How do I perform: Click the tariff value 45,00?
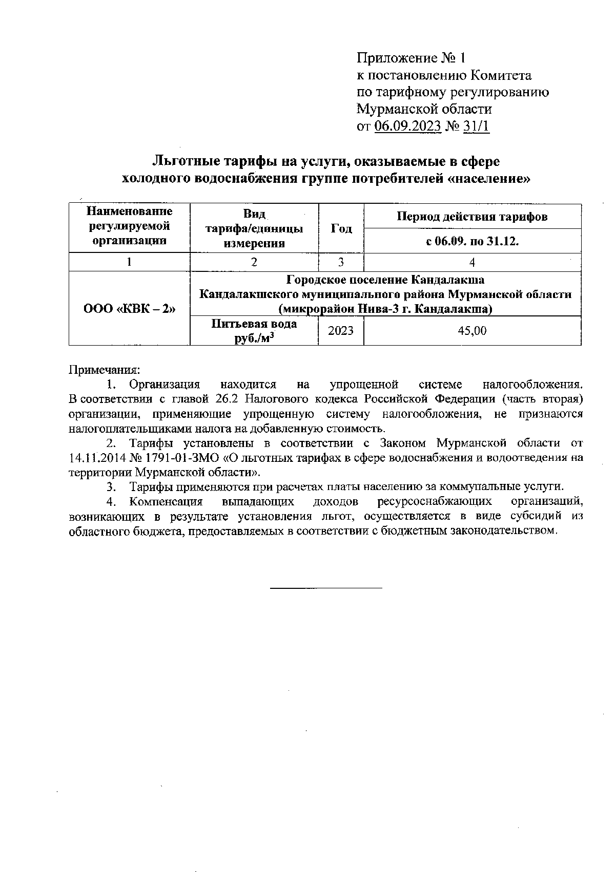(x=472, y=331)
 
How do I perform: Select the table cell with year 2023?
(x=341, y=331)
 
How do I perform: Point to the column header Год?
(x=341, y=228)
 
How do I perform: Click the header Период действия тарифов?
(x=472, y=217)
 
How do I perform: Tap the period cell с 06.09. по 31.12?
(x=472, y=241)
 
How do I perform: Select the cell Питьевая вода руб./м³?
(x=254, y=331)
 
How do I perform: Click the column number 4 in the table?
(x=472, y=262)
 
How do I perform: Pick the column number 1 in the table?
(x=129, y=262)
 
